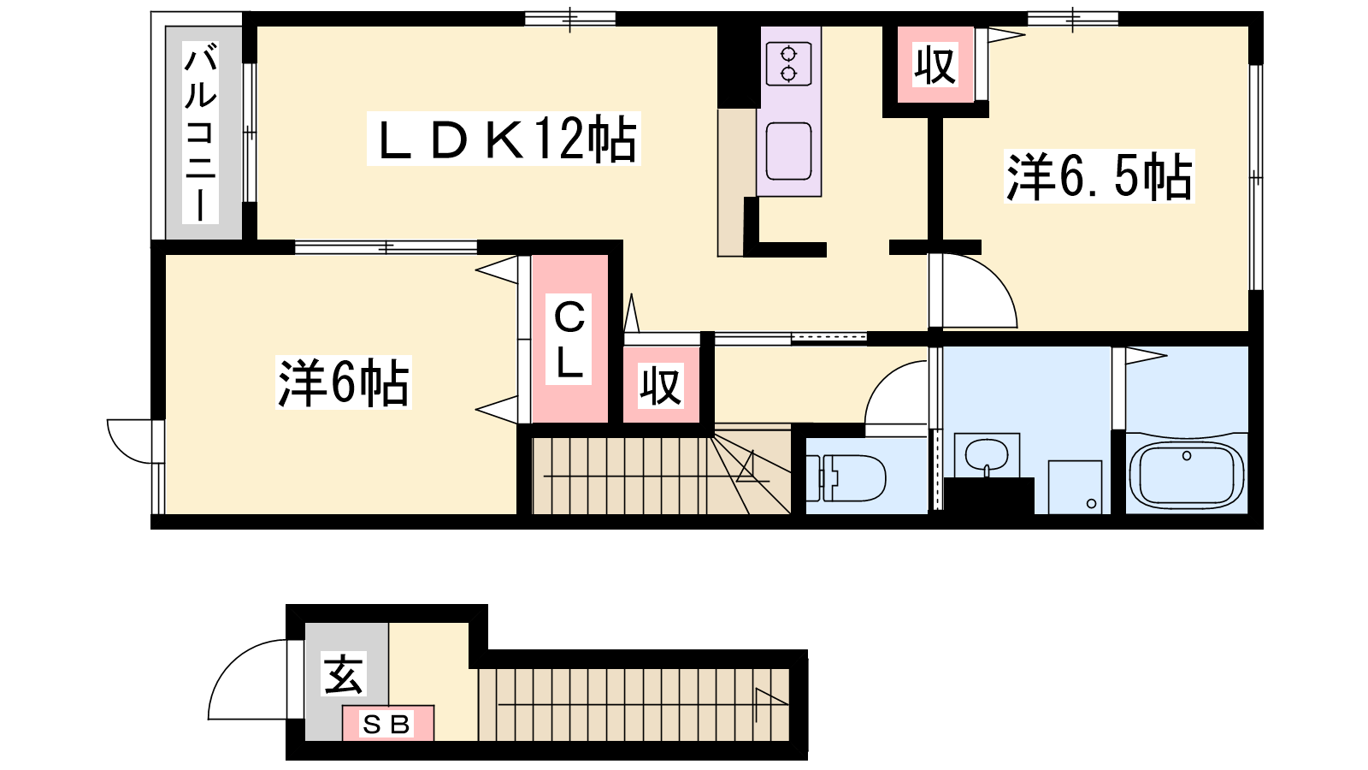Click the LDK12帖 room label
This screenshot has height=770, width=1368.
tap(504, 139)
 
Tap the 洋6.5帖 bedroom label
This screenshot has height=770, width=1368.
tap(1100, 176)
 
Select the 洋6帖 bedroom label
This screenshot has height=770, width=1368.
tap(344, 383)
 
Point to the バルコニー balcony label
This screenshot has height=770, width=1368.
tap(200, 133)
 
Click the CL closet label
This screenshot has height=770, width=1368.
tap(569, 340)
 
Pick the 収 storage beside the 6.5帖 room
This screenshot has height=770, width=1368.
tap(935, 65)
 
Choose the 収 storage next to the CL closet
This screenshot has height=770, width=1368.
tap(661, 386)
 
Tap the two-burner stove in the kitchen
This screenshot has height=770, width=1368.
tap(788, 63)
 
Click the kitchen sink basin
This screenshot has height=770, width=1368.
tap(788, 151)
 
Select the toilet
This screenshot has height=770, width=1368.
tap(846, 477)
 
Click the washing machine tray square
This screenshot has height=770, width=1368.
tap(1075, 487)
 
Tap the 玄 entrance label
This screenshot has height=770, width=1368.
tap(344, 674)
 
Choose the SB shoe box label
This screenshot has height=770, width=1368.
tap(386, 724)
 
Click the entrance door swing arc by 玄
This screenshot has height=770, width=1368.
tap(247, 679)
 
